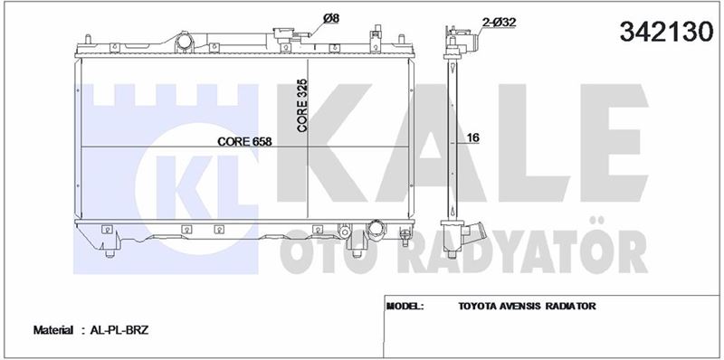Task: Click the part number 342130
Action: click(666, 33)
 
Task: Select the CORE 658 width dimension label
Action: click(244, 142)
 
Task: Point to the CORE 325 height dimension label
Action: click(302, 106)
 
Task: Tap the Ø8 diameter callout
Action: click(331, 18)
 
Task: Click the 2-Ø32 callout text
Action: click(499, 22)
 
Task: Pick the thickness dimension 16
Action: click(472, 137)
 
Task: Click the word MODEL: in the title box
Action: click(405, 306)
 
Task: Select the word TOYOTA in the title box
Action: click(478, 306)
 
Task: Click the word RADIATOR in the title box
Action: click(571, 306)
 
